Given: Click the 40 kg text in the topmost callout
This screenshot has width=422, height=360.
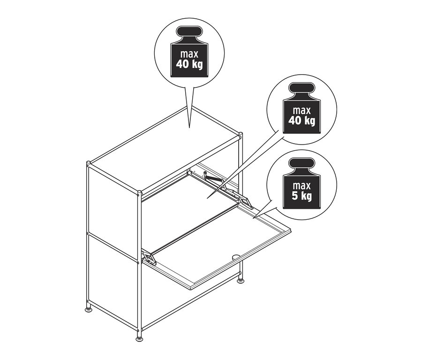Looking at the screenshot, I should coord(189,64).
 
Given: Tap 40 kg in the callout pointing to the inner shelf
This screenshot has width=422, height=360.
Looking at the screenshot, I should coord(302,121).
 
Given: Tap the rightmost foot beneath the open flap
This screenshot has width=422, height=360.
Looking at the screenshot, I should coord(241,281).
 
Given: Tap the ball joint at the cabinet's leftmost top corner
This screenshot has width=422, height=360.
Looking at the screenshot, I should coord(89,164).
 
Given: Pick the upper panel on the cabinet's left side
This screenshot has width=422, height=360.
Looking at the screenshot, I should coord(113,207).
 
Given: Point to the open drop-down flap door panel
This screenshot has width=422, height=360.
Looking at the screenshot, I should coord(216,249).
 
